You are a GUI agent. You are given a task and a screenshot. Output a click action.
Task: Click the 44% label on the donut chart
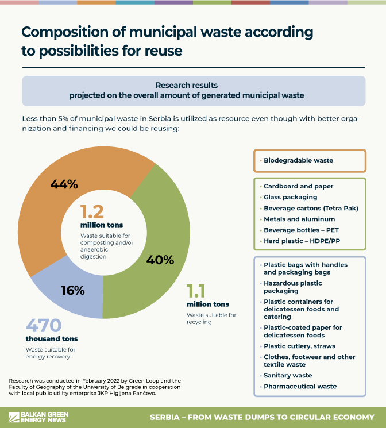64,185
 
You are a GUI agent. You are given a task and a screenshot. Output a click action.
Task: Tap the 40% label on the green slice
160,260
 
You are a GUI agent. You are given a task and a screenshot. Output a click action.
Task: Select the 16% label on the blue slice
73,291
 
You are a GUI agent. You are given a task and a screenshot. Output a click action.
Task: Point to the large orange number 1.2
92,212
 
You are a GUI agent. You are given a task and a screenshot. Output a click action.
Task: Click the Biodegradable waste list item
298,161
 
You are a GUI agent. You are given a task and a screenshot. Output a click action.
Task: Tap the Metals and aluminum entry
299,219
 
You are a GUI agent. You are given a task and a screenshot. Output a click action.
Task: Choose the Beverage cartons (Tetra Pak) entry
311,208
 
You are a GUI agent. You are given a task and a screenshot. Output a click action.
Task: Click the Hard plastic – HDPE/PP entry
302,241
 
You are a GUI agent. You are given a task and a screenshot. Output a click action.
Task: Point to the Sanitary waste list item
288,376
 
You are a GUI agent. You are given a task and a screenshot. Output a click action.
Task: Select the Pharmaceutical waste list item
300,387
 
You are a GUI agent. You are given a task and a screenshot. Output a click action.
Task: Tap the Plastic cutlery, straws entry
299,346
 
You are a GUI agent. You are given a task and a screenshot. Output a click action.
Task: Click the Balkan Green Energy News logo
40,416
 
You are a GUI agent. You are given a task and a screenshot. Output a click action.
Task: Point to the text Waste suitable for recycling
211,319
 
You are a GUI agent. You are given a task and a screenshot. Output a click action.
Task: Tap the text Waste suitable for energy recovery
51,353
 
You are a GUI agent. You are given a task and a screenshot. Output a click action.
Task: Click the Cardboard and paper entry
298,186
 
